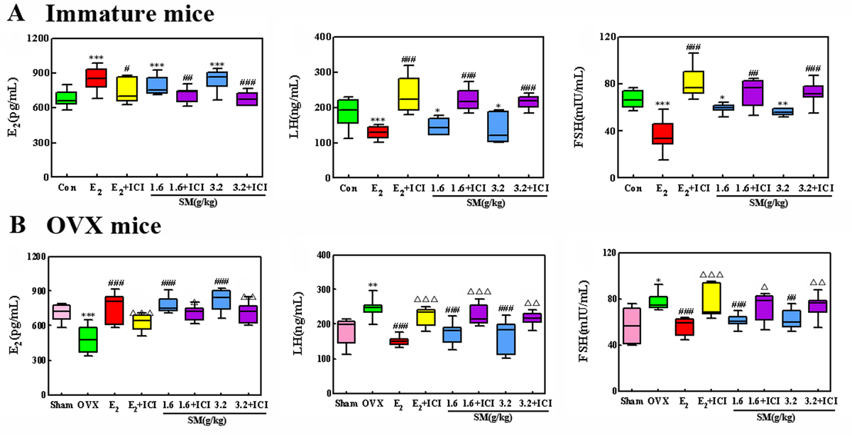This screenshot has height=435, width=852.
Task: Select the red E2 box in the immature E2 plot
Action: click(x=95, y=78)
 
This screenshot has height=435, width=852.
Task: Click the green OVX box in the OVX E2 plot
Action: click(x=89, y=339)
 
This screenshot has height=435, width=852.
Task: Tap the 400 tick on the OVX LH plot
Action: click(x=324, y=255)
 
